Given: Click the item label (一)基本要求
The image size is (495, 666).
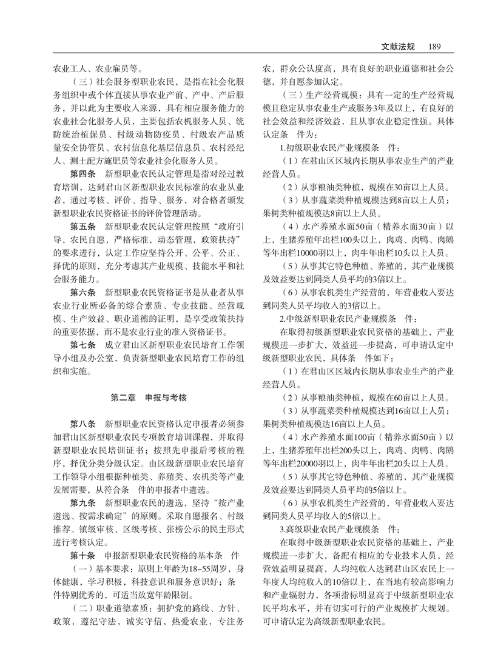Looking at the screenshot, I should coord(100,568).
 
